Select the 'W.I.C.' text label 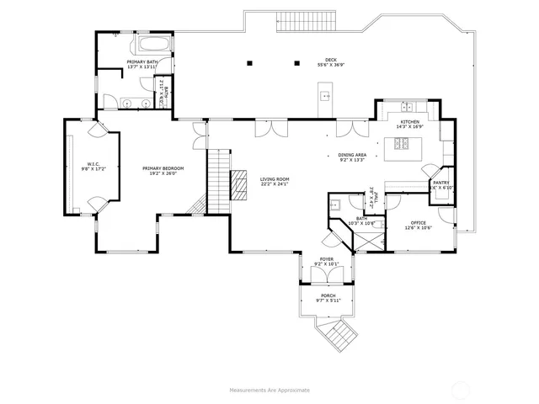93,163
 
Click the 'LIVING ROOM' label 275,178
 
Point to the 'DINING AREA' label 351,154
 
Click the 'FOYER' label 326,259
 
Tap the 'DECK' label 331,60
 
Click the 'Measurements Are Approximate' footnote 269,390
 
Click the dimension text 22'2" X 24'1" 275,184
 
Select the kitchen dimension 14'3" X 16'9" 409,128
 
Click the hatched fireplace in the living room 241,186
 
